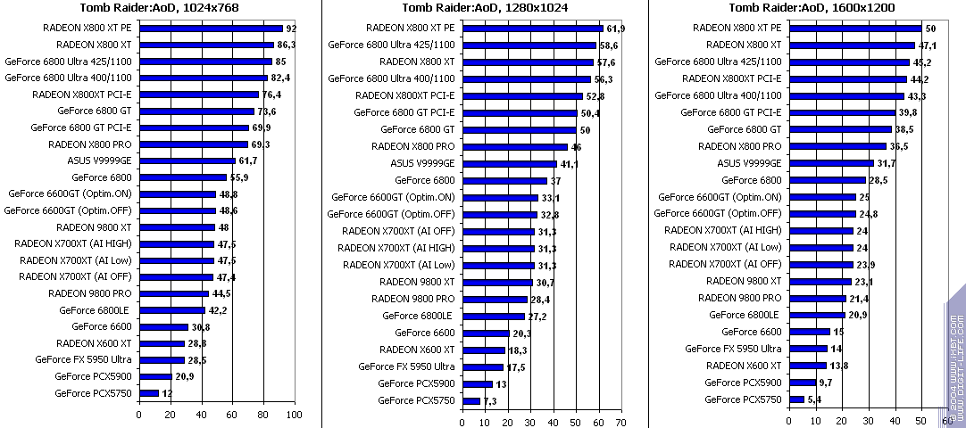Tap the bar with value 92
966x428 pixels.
(x=211, y=29)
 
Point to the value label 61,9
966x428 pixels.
(x=616, y=29)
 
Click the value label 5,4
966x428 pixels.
(x=814, y=399)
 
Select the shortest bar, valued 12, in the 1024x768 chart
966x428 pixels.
(x=149, y=393)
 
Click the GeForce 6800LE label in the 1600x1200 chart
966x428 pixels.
(x=744, y=315)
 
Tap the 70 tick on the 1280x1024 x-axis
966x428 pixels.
(x=620, y=423)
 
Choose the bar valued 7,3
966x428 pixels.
(x=471, y=401)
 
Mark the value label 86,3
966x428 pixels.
(x=288, y=44)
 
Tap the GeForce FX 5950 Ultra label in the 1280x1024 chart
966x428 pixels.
(x=406, y=366)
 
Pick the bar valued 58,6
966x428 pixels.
(x=529, y=45)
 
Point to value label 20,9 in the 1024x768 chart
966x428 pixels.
(x=185, y=376)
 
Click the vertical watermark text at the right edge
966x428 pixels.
(x=956, y=357)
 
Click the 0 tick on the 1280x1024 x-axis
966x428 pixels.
(x=462, y=423)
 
